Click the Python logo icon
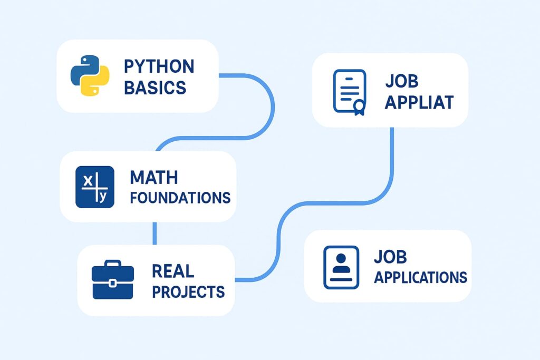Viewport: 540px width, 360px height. click(x=90, y=76)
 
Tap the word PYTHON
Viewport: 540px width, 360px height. click(x=159, y=67)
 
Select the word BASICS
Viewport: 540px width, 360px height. click(x=155, y=87)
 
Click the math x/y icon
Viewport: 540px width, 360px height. click(x=95, y=187)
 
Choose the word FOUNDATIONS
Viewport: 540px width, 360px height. click(x=180, y=198)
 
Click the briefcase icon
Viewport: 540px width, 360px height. click(x=113, y=280)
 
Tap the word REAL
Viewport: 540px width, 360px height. click(x=173, y=271)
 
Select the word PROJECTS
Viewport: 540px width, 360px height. click(x=188, y=291)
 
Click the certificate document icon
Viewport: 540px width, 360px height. click(x=349, y=91)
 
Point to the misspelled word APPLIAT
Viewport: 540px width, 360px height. click(x=419, y=102)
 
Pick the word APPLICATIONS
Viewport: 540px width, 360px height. click(x=420, y=277)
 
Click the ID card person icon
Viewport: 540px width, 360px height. click(x=341, y=267)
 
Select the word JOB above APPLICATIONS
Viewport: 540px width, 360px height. click(x=391, y=257)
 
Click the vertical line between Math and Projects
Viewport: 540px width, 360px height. click(x=155, y=233)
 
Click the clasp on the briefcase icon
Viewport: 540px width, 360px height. click(x=113, y=283)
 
